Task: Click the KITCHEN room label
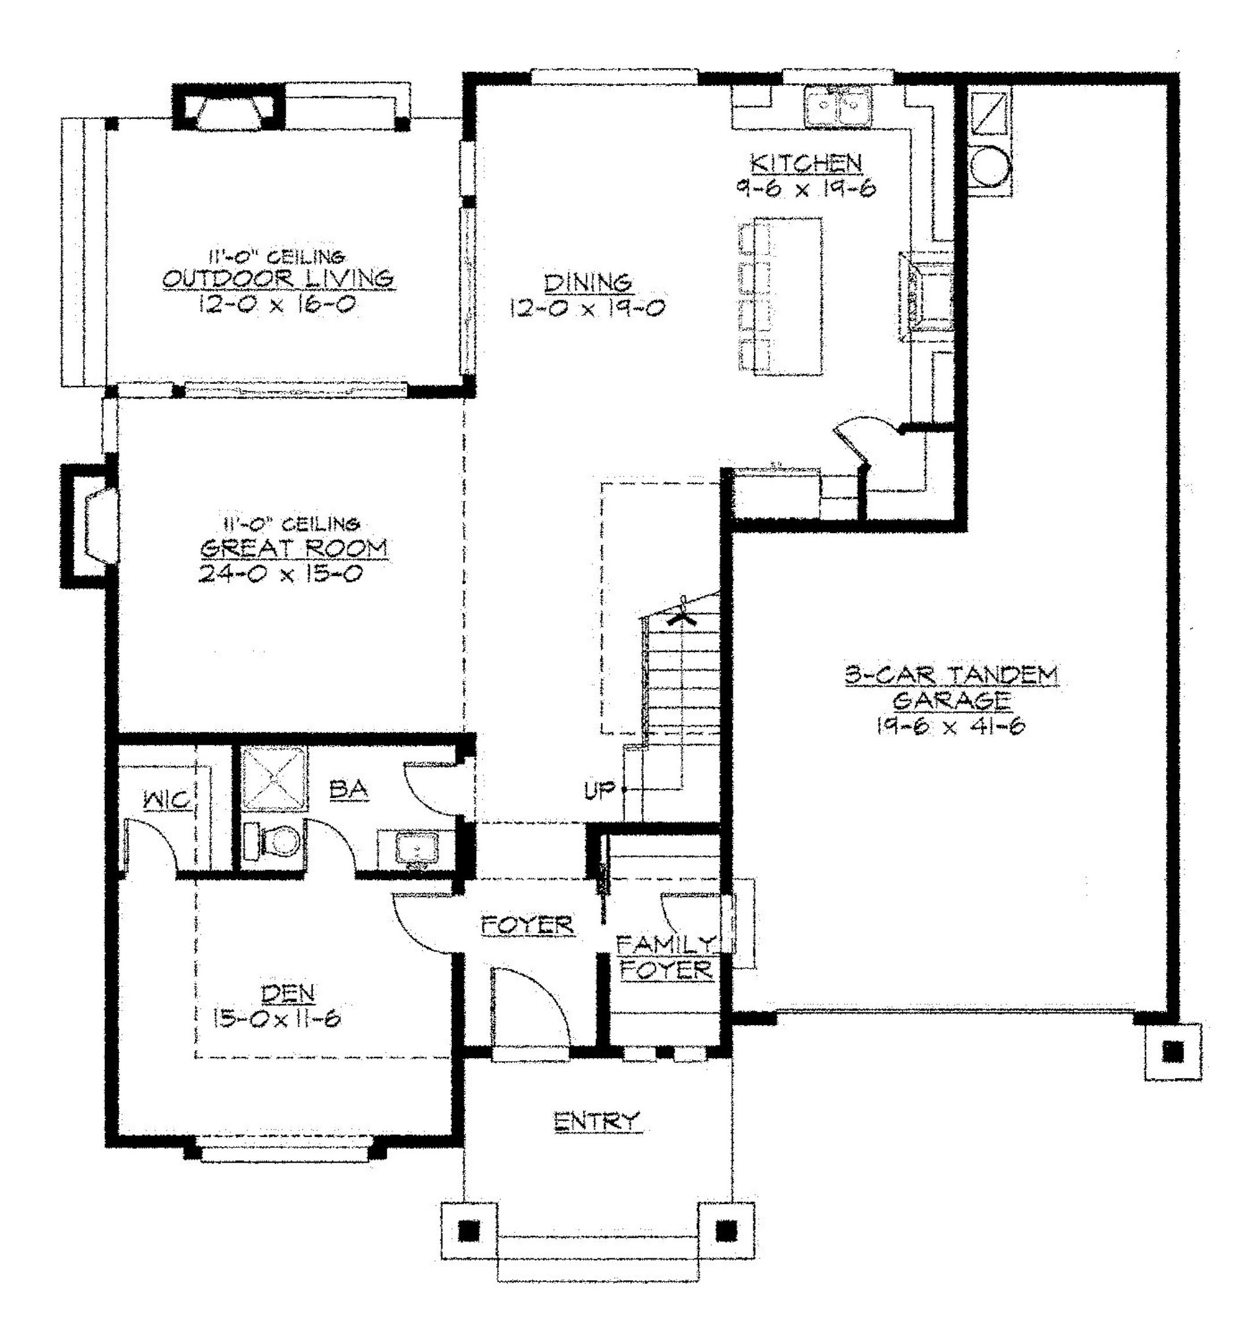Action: (806, 163)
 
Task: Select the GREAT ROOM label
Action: (294, 548)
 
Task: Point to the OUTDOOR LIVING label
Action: (278, 278)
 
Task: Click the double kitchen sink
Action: (837, 107)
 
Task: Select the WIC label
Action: (167, 800)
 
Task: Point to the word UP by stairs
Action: (599, 789)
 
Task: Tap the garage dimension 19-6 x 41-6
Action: (950, 727)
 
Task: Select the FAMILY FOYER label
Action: (665, 957)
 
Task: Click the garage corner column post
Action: (1173, 1052)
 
